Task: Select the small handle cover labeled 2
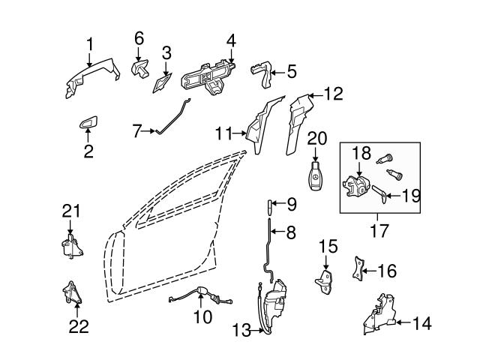click(88, 124)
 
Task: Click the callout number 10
click(202, 317)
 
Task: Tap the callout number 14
click(422, 324)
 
